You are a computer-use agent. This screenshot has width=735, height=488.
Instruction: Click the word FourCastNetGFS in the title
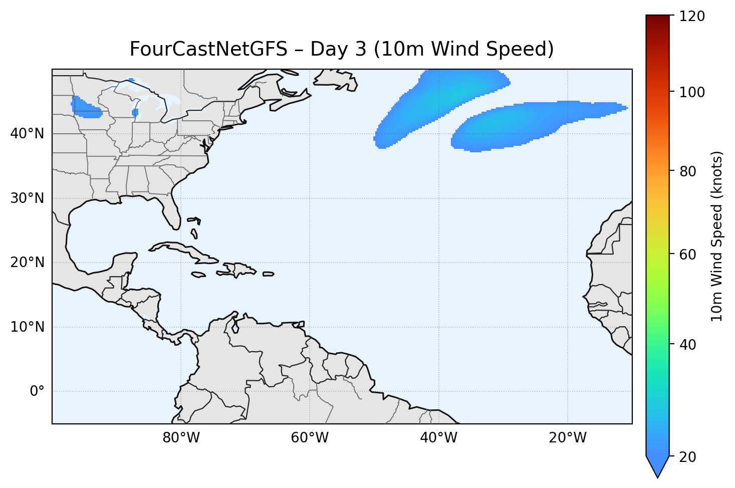click(208, 49)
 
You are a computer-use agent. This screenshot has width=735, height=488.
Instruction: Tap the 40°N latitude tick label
click(27, 134)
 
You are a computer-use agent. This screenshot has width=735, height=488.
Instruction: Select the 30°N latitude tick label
click(27, 198)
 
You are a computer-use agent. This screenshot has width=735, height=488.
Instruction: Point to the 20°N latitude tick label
click(27, 263)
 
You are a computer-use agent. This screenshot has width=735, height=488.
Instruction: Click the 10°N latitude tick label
click(27, 327)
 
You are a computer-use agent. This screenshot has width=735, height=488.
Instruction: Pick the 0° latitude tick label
click(37, 391)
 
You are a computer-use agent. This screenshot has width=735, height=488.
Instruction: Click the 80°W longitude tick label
click(181, 438)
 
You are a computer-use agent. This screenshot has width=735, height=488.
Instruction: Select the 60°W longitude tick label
click(310, 438)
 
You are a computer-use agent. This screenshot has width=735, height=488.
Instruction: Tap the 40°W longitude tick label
click(438, 438)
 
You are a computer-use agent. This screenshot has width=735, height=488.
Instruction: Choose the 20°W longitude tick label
click(567, 438)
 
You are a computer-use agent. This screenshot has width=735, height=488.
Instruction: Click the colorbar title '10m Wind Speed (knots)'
click(717, 236)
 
